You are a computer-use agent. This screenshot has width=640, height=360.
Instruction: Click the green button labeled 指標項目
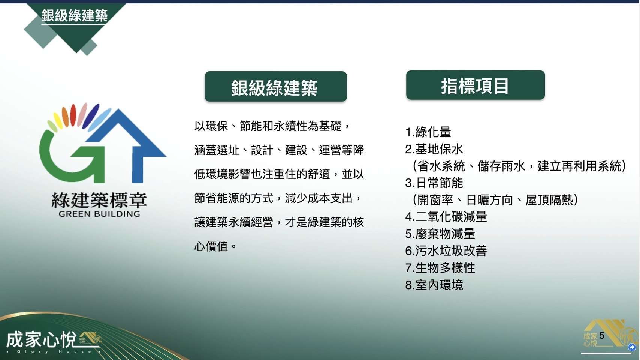point(476,85)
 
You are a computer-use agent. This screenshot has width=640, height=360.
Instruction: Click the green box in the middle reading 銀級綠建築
point(276,86)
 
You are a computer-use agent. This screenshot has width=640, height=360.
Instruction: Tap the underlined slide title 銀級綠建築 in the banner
point(74,15)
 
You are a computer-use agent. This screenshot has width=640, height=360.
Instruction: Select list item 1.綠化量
point(428,132)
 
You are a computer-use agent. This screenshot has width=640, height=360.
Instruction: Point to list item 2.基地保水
point(434,149)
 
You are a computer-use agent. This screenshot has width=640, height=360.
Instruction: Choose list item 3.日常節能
point(434,183)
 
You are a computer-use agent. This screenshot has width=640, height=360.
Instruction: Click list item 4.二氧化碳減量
point(446,217)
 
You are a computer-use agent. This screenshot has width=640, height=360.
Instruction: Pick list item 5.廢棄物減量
point(440,234)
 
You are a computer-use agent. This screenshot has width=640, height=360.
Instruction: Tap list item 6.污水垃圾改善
point(446,251)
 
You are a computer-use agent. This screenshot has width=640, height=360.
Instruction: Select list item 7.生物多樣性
point(440,268)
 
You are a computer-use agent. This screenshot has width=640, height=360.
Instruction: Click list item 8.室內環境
point(434,285)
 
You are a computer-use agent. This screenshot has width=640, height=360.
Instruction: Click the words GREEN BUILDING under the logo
point(99,214)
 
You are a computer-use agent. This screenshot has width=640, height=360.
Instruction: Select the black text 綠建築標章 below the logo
point(99,200)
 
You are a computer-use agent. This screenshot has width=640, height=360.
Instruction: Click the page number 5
point(602,335)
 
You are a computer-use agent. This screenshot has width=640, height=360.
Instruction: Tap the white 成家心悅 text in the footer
point(42,339)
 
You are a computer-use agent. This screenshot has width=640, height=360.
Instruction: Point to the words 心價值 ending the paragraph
point(211,246)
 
